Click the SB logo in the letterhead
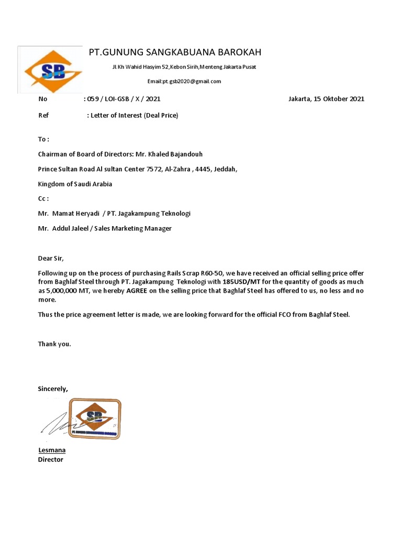click(x=53, y=71)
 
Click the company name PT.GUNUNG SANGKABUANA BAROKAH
click(x=175, y=52)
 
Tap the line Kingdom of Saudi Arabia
click(x=75, y=184)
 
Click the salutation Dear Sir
click(x=53, y=259)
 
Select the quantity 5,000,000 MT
click(x=69, y=291)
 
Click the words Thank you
click(x=54, y=344)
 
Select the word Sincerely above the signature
click(x=53, y=388)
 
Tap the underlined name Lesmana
click(x=52, y=450)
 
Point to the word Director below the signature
click(x=50, y=460)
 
